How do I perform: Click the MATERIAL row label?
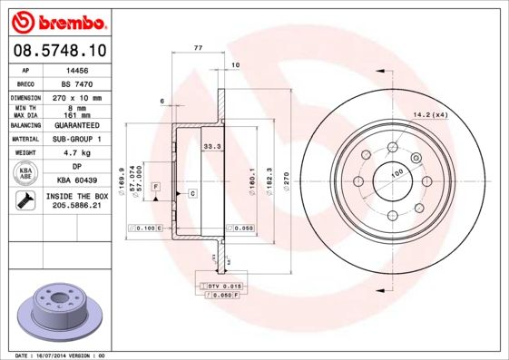[24, 140]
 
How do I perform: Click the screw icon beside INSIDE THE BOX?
[24, 200]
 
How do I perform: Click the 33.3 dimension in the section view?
[211, 145]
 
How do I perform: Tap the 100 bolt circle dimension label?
[396, 171]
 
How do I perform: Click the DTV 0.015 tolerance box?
[220, 286]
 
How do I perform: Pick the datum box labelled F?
[155, 186]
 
